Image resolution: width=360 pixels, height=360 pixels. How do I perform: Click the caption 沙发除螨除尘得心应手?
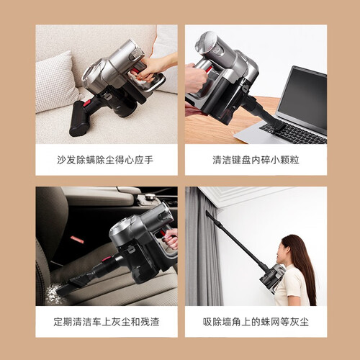(x=105, y=160)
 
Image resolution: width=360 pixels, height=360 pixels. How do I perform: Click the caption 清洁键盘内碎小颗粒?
(x=256, y=160)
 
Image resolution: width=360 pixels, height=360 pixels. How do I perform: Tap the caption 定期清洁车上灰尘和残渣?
(x=107, y=322)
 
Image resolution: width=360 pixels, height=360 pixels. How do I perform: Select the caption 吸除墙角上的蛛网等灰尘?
(x=256, y=322)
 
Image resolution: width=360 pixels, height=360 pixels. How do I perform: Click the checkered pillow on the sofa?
(x=56, y=83)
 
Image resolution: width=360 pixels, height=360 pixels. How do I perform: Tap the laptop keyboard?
(x=294, y=134)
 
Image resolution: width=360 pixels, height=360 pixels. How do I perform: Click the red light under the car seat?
(x=77, y=240)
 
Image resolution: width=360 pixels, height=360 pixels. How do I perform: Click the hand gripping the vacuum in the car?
(x=171, y=239)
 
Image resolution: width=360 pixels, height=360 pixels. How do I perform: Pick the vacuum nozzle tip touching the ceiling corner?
(x=207, y=212)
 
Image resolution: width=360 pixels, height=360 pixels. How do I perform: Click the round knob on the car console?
(x=150, y=197)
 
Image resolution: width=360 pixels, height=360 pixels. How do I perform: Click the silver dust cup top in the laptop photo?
(x=205, y=43)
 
